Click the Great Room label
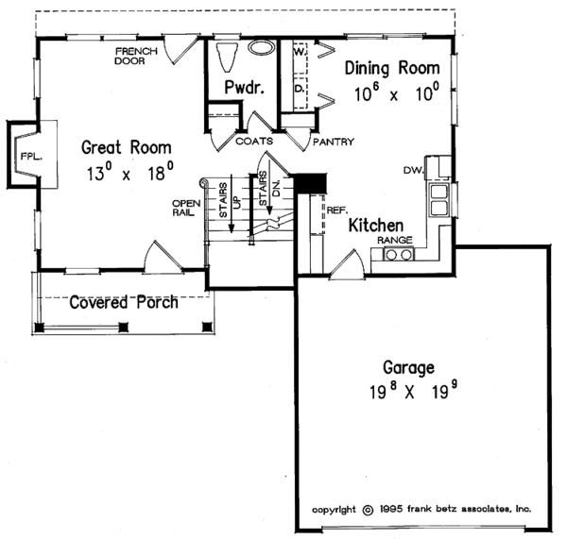pos(126,147)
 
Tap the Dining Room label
pos(392,68)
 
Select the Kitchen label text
pos(376,227)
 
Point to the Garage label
pos(408,367)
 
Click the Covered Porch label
pos(125,302)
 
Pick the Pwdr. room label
pos(243,88)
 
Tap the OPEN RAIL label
pos(183,208)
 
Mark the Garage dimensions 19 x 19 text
pos(408,390)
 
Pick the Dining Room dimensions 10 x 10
pos(397,94)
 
